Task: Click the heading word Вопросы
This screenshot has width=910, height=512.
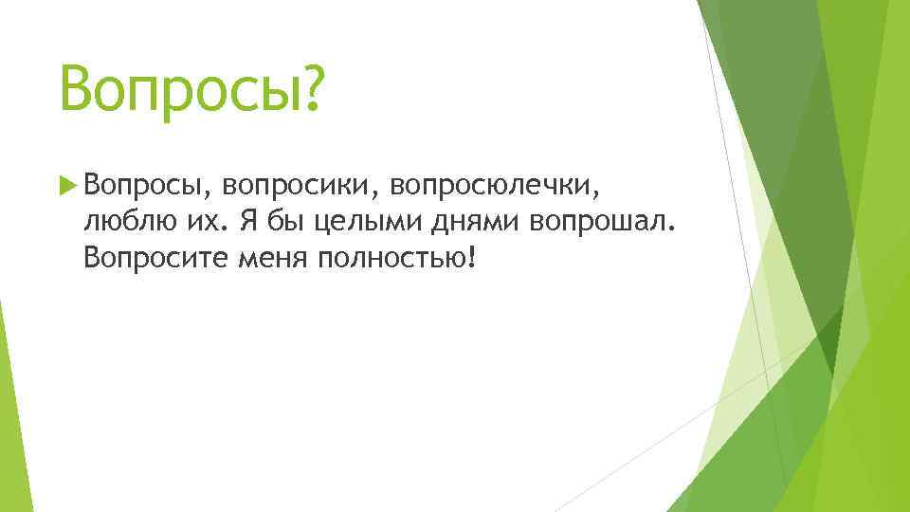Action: point(176,89)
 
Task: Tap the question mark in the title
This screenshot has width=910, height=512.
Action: point(310,89)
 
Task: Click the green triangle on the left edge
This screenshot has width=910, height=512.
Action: point(8,398)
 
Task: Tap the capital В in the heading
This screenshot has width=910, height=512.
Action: point(79,89)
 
